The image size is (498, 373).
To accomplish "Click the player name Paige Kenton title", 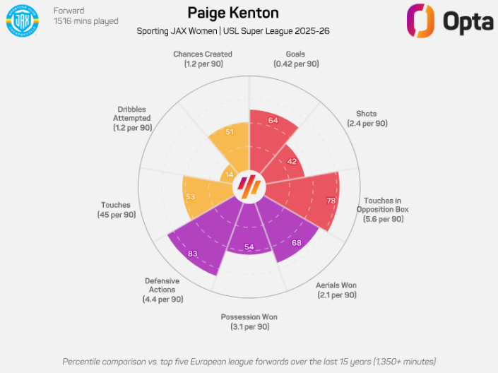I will coord(233,13).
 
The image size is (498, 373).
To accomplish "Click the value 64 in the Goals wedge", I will coord(273,121).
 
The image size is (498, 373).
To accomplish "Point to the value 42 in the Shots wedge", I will coord(291,161).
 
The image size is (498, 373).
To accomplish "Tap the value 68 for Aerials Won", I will coord(297,243).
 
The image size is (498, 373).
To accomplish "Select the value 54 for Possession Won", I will coord(249,247).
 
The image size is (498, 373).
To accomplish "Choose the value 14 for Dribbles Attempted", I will coord(229,174).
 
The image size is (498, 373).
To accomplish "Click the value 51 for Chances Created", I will coord(230,131).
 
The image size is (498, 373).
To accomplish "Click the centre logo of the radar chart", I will coord(249,186).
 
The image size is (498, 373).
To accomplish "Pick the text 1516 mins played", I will coord(86,21).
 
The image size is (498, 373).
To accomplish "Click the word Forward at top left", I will coord(69,11).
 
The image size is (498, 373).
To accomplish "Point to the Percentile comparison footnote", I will coord(249,361).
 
